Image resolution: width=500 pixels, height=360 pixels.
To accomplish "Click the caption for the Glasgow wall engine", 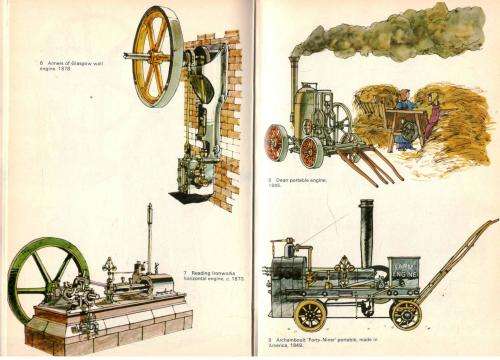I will [x=64, y=65].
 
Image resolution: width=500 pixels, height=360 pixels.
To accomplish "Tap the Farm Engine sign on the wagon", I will [x=404, y=272].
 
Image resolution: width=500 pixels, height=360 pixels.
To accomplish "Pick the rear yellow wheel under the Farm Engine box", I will [x=405, y=314].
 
